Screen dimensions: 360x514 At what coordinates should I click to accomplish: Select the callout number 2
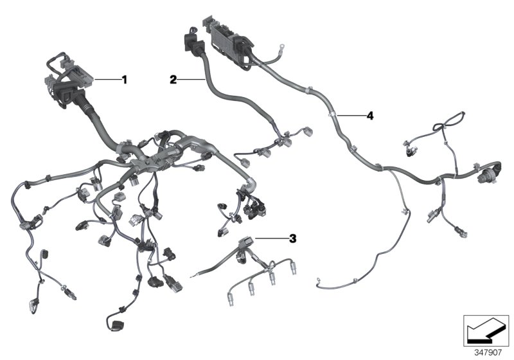point(173,80)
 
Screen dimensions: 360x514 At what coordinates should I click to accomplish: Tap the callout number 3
point(292,239)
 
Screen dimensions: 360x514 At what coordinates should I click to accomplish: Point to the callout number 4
point(369,116)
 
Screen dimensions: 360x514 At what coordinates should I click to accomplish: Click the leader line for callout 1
point(107,80)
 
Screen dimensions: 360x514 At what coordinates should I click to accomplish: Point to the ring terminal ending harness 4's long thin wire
point(319,279)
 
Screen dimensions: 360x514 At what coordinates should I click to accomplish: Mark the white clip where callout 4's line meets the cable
point(332,116)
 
